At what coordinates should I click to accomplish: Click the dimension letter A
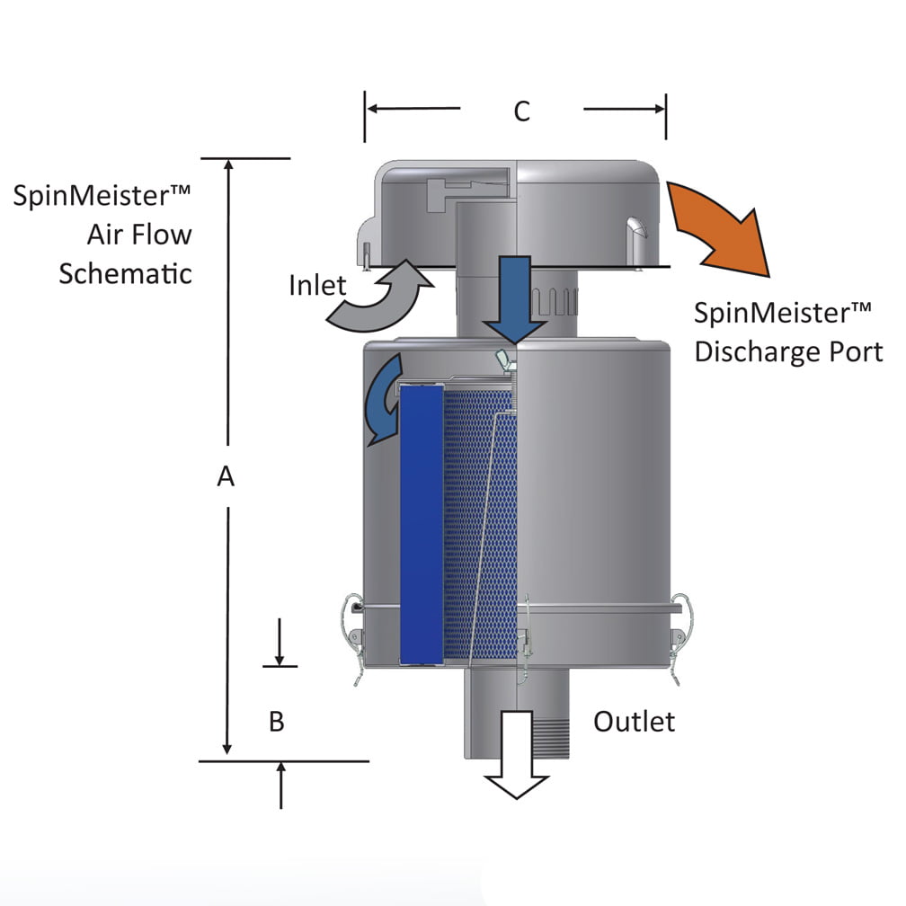(x=226, y=476)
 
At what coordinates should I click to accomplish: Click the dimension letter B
(x=277, y=721)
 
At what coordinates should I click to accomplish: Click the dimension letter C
(x=521, y=111)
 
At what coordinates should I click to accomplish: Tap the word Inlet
(x=317, y=285)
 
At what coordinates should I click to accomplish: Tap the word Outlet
(x=634, y=720)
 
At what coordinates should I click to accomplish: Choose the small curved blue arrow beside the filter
(x=381, y=395)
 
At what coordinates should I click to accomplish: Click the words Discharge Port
(x=788, y=351)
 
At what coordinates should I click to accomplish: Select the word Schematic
(x=125, y=273)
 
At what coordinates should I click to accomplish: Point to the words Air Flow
(x=139, y=235)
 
